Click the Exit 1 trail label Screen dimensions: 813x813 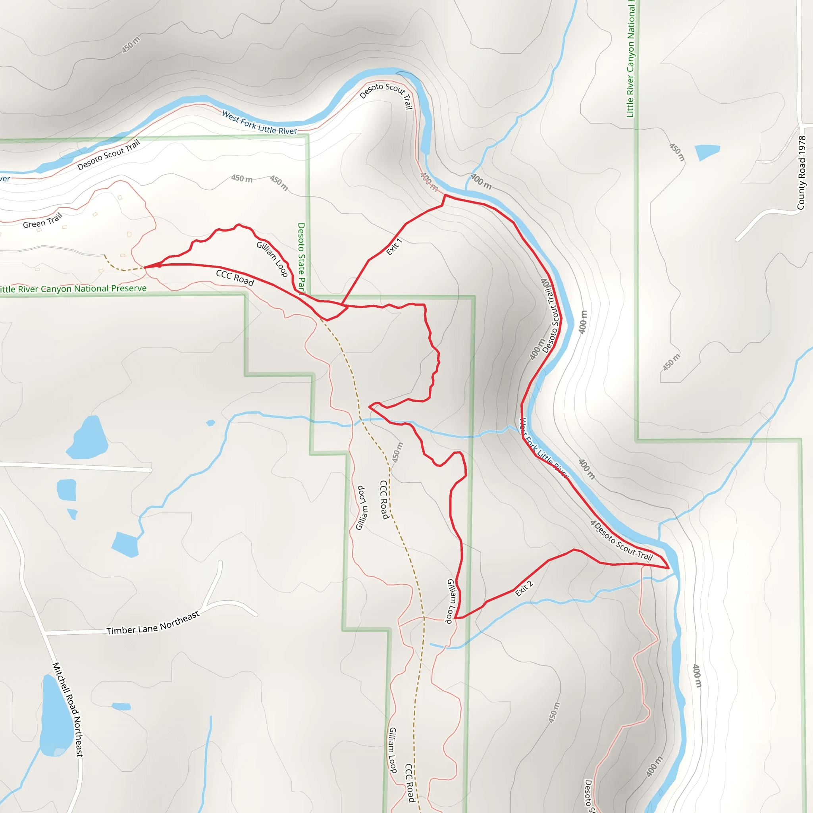[x=394, y=247]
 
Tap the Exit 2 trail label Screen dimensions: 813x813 [x=524, y=588]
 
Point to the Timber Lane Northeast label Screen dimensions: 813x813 [x=153, y=624]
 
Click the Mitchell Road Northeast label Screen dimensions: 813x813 [x=67, y=709]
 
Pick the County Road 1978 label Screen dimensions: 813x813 [x=801, y=173]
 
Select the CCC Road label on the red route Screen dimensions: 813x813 [x=235, y=278]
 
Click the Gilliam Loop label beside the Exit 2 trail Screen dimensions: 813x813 [x=451, y=601]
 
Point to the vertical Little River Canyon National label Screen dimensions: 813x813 [x=630, y=59]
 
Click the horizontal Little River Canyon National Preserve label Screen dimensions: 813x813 [x=73, y=289]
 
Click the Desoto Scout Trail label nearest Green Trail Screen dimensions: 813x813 [x=108, y=155]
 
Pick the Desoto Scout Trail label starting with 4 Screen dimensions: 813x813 [x=621, y=541]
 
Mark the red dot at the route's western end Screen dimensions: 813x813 [x=160, y=266]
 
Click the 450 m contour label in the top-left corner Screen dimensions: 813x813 [x=131, y=45]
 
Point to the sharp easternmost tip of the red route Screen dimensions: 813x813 [x=669, y=568]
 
